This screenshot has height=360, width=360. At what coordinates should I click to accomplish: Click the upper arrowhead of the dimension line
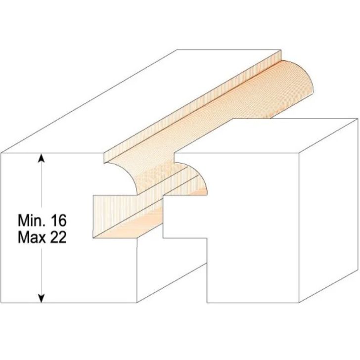42,158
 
